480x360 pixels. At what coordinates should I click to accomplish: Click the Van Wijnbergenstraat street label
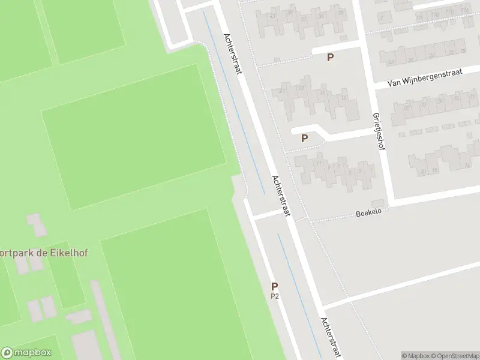[x=424, y=78]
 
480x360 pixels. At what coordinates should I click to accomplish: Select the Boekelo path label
[x=369, y=212]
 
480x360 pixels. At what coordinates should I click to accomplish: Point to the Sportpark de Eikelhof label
[x=43, y=253]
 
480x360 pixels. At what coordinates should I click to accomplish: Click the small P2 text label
[x=275, y=296]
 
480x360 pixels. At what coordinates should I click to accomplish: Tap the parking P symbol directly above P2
[x=275, y=286]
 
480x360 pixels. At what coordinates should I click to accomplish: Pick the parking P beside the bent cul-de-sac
[x=305, y=138]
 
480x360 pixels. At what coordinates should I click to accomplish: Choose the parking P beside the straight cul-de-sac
[x=330, y=57]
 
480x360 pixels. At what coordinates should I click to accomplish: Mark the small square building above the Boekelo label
[x=377, y=203]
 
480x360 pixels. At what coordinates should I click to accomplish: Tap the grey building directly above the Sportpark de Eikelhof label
[x=37, y=225]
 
